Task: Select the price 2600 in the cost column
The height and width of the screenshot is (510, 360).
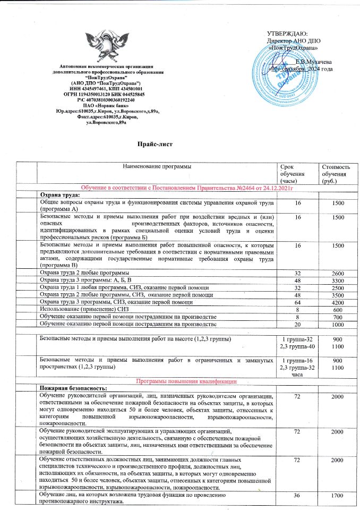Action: coord(337,273)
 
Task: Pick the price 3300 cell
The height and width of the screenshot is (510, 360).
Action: coord(337,280)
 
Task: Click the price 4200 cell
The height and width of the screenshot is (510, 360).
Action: coord(337,302)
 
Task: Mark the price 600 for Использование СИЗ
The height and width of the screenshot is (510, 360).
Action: coord(337,310)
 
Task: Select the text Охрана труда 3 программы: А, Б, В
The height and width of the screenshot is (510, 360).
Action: coord(85,280)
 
